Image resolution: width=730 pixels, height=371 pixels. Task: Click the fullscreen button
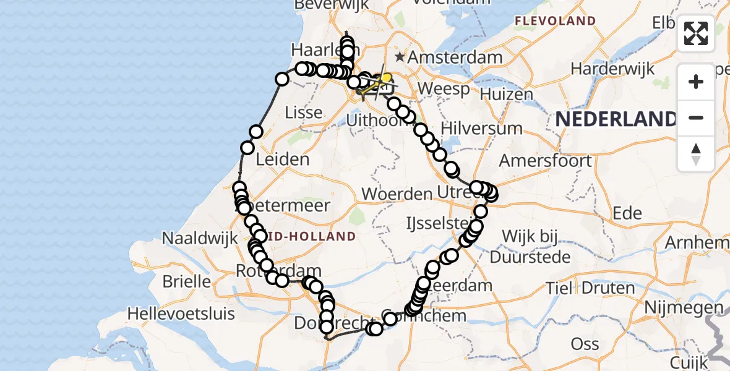[696, 33]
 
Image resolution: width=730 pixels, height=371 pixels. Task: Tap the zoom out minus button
[696, 117]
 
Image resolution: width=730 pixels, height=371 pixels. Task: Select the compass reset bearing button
[696, 153]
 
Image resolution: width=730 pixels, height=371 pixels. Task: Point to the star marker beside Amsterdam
[400, 57]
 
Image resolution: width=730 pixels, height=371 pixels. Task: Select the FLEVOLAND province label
[555, 21]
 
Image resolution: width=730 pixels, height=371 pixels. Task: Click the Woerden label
[397, 194]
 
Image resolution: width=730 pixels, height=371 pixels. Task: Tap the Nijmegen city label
[683, 307]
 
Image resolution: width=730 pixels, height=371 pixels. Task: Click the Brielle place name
[186, 281]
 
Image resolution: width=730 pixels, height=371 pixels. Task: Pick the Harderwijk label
[612, 69]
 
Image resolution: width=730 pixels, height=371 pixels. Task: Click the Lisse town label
[304, 113]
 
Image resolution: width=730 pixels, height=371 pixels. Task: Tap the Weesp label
[444, 88]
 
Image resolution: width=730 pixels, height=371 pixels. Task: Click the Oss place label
[585, 344]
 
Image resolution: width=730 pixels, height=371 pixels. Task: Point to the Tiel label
[560, 288]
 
